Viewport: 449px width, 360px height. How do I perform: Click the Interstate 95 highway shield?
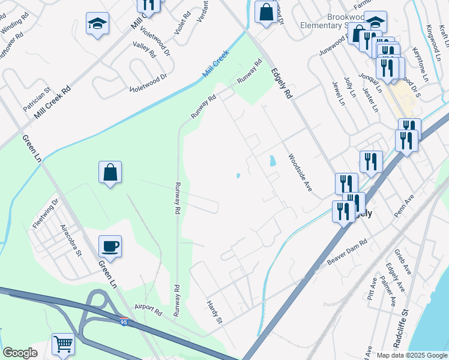tap(123, 322)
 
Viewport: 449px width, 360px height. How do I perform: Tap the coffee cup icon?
tap(110, 245)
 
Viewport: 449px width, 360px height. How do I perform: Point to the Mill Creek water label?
tap(216, 64)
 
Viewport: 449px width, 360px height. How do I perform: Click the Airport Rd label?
tap(148, 309)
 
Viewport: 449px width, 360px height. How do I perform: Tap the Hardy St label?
tap(214, 312)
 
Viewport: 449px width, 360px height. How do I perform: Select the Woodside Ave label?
tap(300, 173)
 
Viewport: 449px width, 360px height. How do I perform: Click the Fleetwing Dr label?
tap(46, 212)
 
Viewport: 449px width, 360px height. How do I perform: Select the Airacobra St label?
tap(70, 241)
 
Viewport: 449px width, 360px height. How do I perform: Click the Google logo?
tap(20, 353)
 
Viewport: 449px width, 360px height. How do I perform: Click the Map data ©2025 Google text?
tap(412, 355)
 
